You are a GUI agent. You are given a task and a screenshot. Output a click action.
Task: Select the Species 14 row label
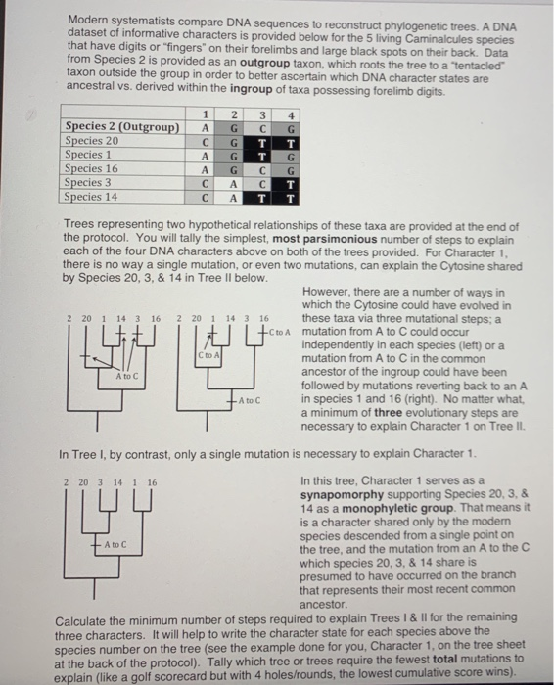(91, 197)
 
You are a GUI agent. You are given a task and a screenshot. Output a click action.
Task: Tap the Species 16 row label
(91, 169)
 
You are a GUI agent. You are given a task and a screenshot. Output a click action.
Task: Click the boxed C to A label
(208, 357)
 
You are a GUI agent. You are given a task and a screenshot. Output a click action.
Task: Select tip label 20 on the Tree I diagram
(80, 482)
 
